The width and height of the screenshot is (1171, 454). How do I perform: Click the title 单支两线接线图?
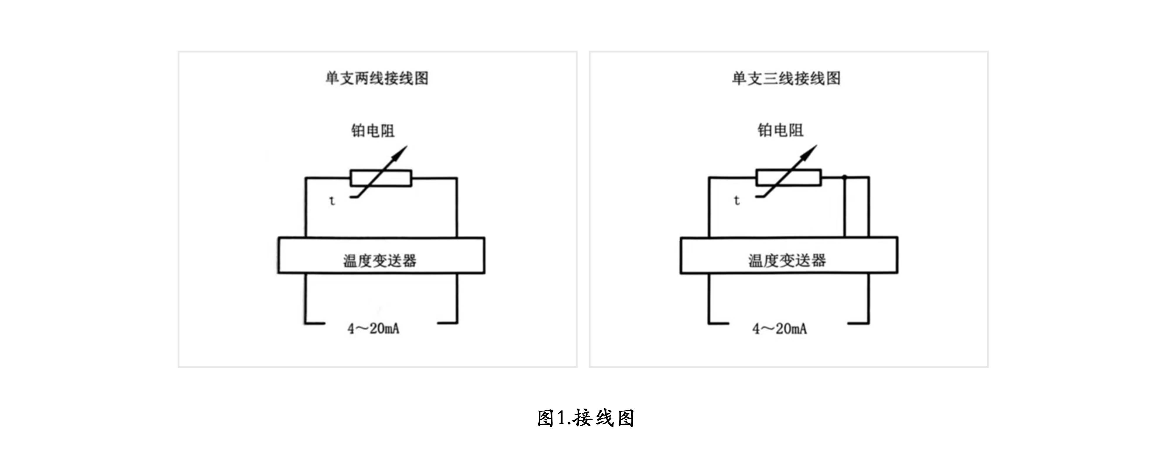[377, 78]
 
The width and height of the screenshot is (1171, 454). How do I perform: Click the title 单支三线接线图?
[786, 78]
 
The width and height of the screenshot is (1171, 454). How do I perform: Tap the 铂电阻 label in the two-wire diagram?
[373, 130]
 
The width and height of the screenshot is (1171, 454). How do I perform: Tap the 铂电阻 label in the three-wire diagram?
[780, 130]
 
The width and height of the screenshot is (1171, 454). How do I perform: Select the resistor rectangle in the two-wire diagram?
[381, 178]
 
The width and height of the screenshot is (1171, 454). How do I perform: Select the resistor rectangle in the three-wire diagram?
[789, 177]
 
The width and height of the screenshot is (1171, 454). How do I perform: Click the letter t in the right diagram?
[737, 200]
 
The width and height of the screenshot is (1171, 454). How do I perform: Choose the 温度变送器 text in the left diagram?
[380, 261]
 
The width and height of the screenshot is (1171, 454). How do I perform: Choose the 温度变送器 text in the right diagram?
[787, 261]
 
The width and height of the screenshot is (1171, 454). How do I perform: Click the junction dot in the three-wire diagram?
[845, 176]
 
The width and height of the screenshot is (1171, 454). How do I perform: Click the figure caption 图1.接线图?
[585, 418]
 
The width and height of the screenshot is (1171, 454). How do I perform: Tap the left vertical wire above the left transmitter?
[306, 208]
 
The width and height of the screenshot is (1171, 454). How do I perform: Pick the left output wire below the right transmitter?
[709, 298]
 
